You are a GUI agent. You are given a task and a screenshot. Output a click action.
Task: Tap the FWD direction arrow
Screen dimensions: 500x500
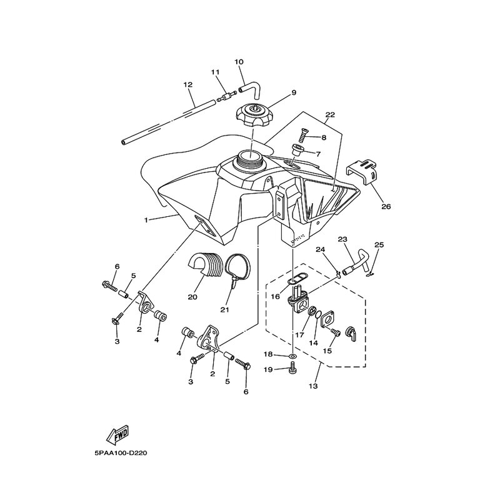click(x=117, y=435)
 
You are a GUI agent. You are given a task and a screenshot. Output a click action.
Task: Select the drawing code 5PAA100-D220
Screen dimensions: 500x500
click(x=121, y=453)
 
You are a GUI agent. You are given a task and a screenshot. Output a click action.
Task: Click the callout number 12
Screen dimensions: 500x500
click(x=188, y=85)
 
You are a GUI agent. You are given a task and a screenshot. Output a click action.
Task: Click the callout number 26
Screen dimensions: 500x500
click(x=386, y=207)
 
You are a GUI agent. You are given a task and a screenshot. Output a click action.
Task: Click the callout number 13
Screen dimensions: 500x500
click(x=313, y=386)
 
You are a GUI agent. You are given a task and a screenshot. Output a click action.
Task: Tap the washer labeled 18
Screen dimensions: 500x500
click(x=292, y=356)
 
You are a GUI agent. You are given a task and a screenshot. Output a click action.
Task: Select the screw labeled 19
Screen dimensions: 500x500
click(x=292, y=369)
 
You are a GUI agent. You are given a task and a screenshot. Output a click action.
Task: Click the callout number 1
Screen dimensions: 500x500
click(x=146, y=220)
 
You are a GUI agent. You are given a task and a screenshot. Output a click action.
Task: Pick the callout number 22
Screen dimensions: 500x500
click(x=330, y=115)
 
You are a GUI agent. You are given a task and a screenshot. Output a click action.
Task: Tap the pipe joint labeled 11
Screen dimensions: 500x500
click(x=227, y=96)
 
